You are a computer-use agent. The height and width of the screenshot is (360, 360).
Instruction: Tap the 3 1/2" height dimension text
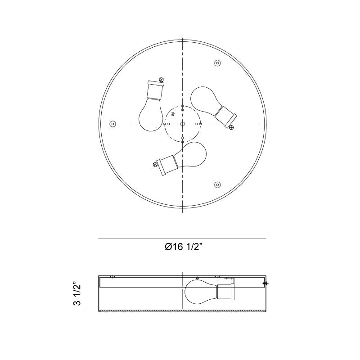click(x=77, y=294)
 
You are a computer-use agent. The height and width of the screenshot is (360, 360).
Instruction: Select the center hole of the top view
click(x=182, y=124)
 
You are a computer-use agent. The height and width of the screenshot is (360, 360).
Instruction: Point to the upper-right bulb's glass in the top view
click(x=204, y=101)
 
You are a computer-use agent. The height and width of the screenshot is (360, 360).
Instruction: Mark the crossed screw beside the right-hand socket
click(x=232, y=128)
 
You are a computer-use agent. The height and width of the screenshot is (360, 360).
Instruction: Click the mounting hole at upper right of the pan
click(x=217, y=63)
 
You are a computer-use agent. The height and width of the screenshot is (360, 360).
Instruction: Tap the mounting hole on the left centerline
click(x=112, y=124)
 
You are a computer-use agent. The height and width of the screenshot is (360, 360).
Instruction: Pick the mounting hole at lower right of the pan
click(x=217, y=184)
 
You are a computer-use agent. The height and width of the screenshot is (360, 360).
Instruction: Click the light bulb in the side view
click(x=200, y=292)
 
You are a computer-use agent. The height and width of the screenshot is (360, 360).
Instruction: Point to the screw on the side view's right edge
click(x=265, y=283)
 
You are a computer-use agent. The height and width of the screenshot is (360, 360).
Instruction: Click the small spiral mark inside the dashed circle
click(x=174, y=116)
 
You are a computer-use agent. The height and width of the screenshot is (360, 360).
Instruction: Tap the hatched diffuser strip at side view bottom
click(x=182, y=312)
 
